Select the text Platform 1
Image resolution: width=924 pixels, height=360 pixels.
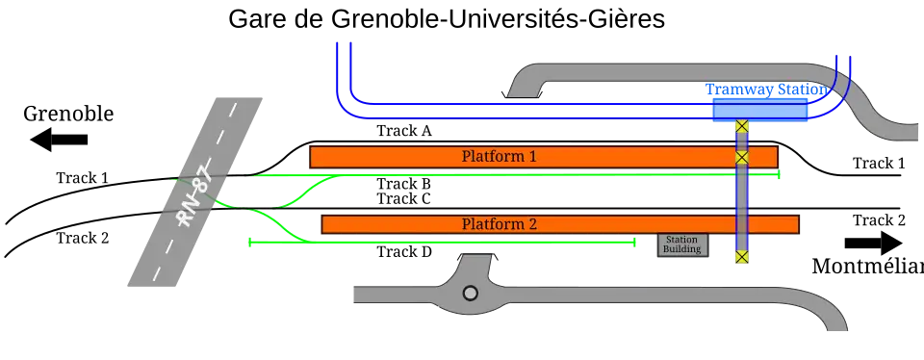coord(499,156)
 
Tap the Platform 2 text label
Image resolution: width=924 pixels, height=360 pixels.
coord(499,224)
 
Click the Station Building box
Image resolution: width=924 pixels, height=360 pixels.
coord(681,244)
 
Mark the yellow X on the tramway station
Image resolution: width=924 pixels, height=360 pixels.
coord(741,126)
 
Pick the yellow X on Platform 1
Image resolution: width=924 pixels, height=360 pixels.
coord(741,157)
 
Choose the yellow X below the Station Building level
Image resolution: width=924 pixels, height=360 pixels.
coord(741,257)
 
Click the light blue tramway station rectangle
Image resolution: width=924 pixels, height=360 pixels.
coord(758,112)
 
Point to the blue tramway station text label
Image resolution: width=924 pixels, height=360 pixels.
coord(766,90)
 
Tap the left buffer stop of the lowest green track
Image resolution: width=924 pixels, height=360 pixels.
coord(250,244)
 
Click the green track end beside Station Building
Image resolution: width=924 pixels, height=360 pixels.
coord(636,244)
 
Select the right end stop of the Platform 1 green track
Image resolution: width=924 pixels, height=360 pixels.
coord(780,176)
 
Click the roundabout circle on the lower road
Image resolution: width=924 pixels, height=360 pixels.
coord(471,293)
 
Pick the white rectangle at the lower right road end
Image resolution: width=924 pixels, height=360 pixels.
coord(839,335)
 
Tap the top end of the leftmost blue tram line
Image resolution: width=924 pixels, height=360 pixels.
coord(335,45)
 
